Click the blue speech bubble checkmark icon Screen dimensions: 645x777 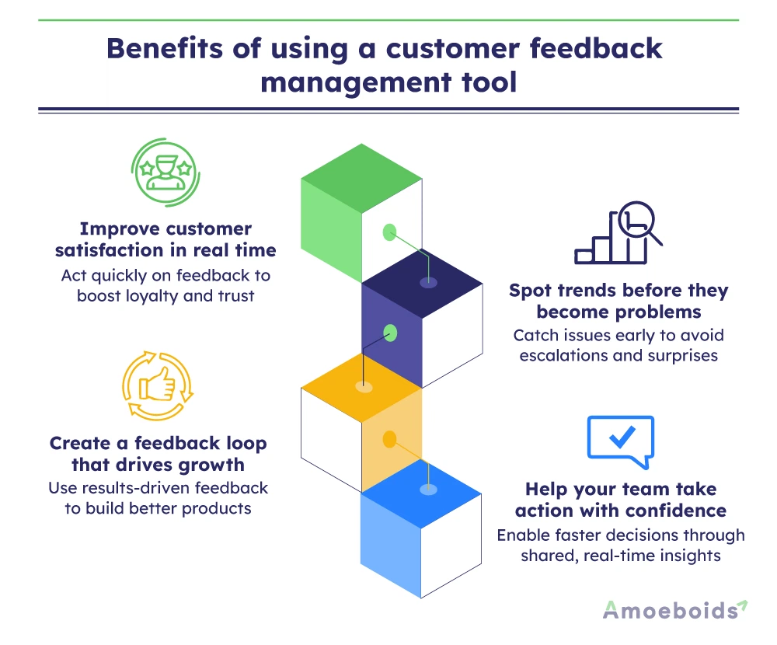tap(620, 441)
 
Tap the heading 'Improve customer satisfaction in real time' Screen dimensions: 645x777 tap(166, 240)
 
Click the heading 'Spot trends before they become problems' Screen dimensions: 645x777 tap(619, 302)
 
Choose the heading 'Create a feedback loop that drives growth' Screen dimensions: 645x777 tap(159, 455)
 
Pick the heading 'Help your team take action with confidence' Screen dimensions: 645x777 tap(621, 500)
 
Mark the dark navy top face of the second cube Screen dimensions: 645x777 tap(423, 281)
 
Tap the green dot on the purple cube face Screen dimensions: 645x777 tap(391, 333)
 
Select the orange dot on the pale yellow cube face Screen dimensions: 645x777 tap(390, 440)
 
